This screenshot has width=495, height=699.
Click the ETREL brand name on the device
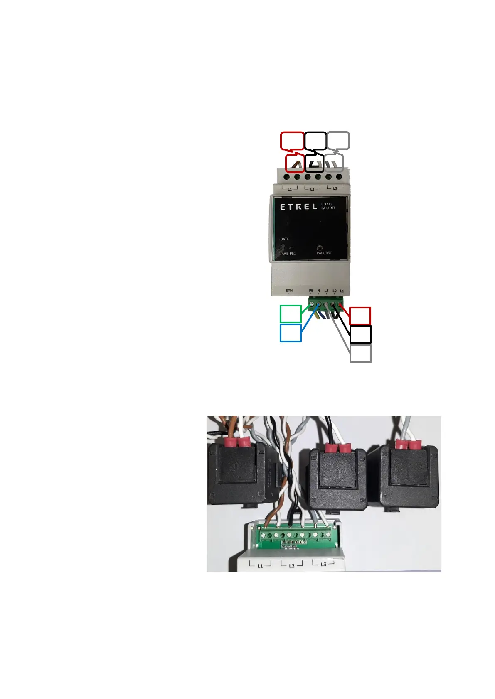tap(298, 207)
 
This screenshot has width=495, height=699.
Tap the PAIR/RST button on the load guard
tap(320, 248)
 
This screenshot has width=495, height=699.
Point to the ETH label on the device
tap(289, 291)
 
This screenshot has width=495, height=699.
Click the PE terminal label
tap(311, 291)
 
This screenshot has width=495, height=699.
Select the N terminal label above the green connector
tap(319, 291)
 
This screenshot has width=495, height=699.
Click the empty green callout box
tap(291, 314)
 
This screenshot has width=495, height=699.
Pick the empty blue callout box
tap(291, 333)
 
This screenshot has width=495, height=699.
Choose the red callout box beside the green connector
tap(360, 315)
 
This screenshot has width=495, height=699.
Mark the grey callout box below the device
tap(360, 354)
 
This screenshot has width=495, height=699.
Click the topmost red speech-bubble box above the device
tap(292, 141)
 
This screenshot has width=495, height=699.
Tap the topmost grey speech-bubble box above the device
tap(338, 140)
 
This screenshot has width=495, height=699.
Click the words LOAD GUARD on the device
tap(328, 206)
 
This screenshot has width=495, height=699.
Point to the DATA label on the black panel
tap(285, 239)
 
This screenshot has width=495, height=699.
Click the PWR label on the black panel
tap(284, 254)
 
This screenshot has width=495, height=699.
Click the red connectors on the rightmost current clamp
tap(408, 445)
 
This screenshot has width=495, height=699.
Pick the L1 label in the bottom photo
tap(260, 565)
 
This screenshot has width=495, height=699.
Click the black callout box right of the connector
tap(360, 335)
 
